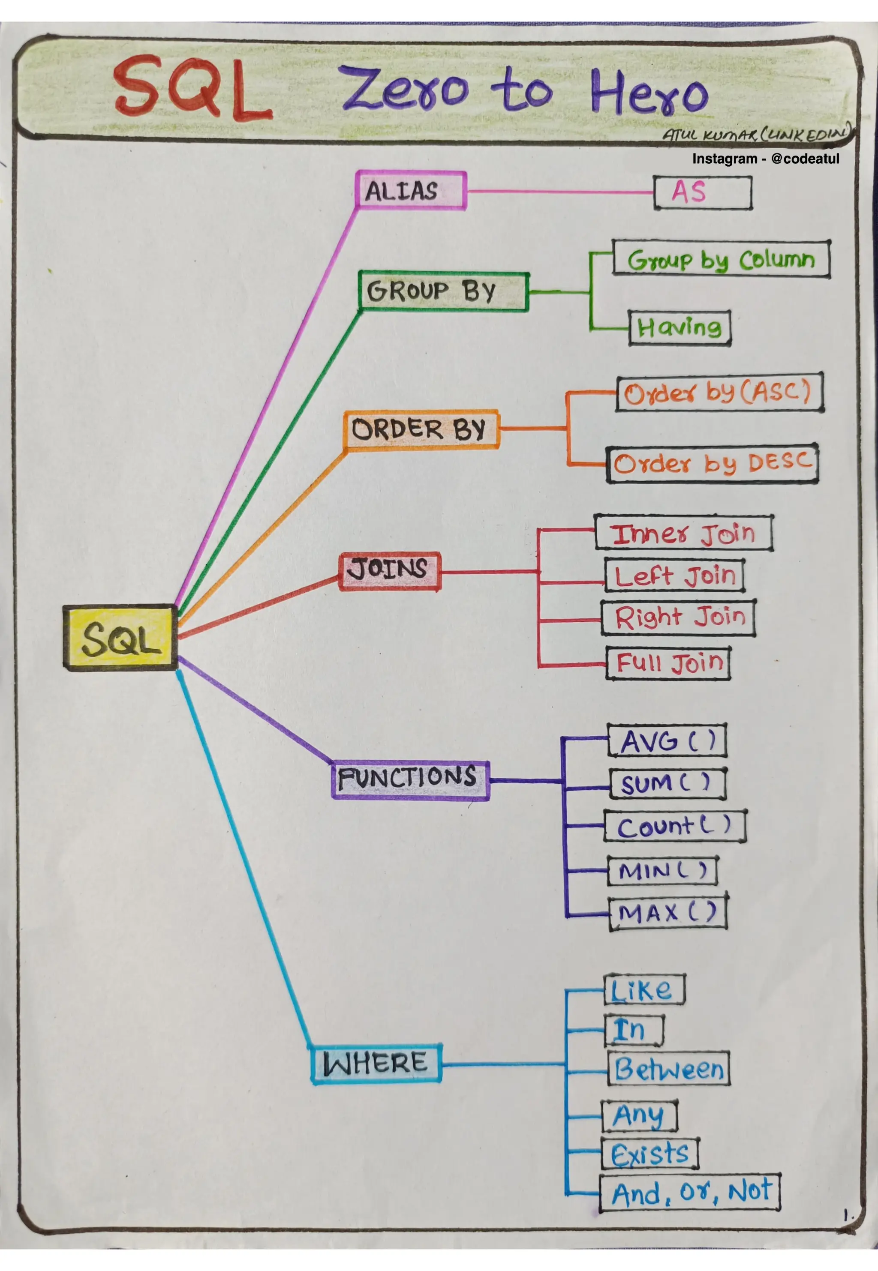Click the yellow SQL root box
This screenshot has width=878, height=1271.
tap(120, 637)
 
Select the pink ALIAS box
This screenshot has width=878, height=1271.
tap(410, 191)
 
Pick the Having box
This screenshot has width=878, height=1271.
tap(680, 328)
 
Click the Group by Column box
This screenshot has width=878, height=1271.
tap(721, 259)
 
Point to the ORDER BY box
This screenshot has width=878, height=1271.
tap(421, 429)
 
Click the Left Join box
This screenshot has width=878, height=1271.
tap(674, 576)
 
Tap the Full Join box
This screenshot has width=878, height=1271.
tap(668, 663)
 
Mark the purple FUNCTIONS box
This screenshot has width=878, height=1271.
tap(410, 779)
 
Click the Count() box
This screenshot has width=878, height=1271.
tap(674, 826)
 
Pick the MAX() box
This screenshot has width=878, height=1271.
tap(668, 914)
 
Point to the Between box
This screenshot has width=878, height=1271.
tap(668, 1069)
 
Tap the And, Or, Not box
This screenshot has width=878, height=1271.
tap(689, 1193)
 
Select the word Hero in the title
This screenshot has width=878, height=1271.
tap(649, 91)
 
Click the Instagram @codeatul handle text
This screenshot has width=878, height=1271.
tap(765, 159)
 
